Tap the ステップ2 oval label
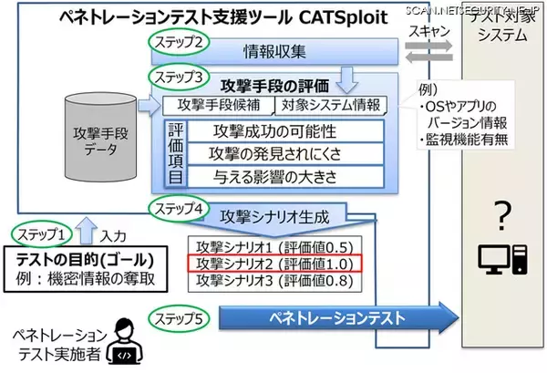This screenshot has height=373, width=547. click(181, 42)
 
